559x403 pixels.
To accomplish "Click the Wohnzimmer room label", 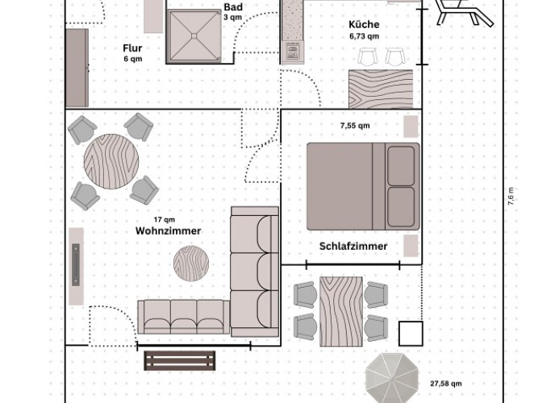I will tap(168, 231).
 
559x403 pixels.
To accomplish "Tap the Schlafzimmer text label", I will tap(353, 246).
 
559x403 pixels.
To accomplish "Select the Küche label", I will tap(364, 24).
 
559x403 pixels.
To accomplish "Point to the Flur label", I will tap(132, 48).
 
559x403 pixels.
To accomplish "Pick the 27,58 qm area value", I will tap(444, 384).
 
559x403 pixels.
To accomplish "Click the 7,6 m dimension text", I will tap(511, 197).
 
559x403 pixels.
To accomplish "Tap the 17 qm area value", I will tap(165, 219).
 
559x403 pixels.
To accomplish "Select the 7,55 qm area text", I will tap(355, 126).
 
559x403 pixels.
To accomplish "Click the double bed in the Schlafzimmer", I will tap(363, 186).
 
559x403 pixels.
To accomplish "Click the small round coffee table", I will tap(192, 261).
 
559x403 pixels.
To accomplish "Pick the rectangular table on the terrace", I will tap(340, 310).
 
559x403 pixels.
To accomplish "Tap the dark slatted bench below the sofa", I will tap(180, 360).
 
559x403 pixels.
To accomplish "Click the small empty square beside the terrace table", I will tap(411, 333).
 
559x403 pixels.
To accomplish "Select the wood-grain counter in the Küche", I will tap(380, 88).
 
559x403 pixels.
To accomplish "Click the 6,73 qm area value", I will tap(364, 36).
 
